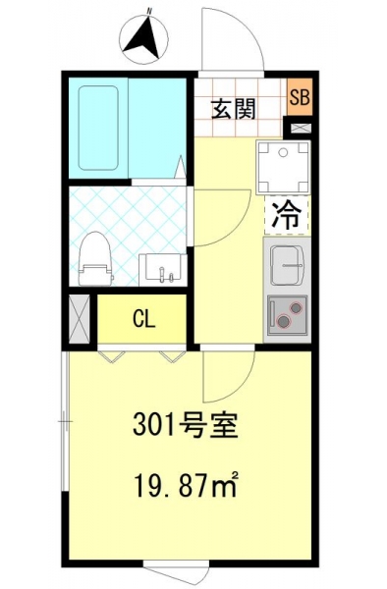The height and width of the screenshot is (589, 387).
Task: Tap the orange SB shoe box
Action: coord(300,97)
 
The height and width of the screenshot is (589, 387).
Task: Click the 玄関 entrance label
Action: coord(233,109)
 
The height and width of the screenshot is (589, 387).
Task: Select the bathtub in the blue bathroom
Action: coord(98,128)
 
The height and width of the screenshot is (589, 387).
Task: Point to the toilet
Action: coord(95,259)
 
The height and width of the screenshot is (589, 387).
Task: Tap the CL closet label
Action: coord(144,320)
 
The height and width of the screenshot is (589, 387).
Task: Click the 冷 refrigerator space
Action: coord(287,216)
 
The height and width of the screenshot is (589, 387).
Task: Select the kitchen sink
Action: coord(287,265)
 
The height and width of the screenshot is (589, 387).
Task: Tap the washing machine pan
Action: coord(284,168)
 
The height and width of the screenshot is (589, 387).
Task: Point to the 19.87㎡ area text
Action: coord(186,485)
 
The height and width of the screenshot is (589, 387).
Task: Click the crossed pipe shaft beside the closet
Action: coord(80,319)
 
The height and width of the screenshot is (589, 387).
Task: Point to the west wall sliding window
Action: coord(66,421)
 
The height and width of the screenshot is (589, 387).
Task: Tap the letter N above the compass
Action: coord(149,11)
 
